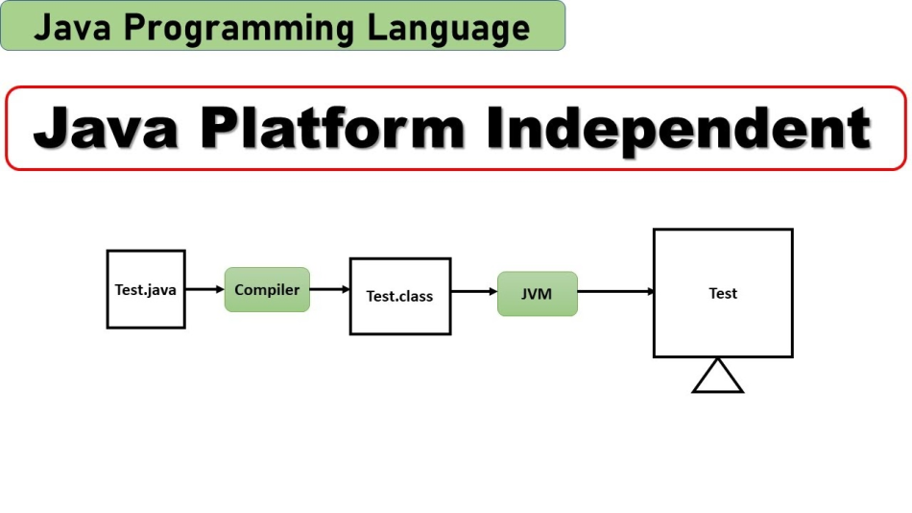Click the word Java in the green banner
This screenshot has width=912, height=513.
[x=72, y=28]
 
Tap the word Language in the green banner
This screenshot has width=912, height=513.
[x=448, y=28]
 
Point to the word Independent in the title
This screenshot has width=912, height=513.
[x=678, y=129]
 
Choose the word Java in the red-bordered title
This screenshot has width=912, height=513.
[x=105, y=129]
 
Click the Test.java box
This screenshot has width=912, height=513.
[x=145, y=288]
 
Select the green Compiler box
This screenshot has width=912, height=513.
[x=267, y=289]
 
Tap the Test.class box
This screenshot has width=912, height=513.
[x=399, y=296]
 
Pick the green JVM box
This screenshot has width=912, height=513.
[x=537, y=293]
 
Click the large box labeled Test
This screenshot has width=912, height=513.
[x=723, y=293]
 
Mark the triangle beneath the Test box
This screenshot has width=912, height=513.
[x=717, y=376]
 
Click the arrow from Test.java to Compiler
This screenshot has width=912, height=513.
[x=204, y=289]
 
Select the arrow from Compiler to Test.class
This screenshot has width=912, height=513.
[x=329, y=289]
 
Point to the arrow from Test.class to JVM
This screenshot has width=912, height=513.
[x=473, y=292]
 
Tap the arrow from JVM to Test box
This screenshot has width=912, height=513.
[x=615, y=292]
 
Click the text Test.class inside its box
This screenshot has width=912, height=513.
[x=399, y=296]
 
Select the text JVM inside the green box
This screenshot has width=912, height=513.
[x=537, y=293]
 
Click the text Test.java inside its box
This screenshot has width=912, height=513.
[x=145, y=289]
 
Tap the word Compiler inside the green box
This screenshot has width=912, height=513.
[x=267, y=289]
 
